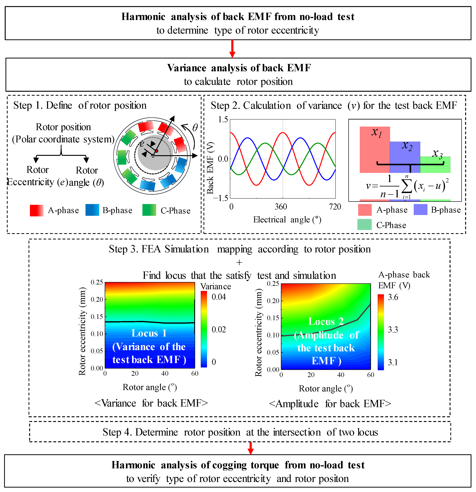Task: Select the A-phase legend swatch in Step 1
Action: click(37, 210)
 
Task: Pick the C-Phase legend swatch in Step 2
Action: click(365, 225)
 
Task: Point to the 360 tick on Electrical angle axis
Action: click(281, 207)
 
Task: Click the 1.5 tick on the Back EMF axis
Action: click(223, 119)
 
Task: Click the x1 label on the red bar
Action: click(377, 132)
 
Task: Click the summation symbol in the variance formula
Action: click(407, 186)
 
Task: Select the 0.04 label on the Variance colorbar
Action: click(219, 297)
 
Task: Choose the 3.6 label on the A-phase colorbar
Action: click(393, 297)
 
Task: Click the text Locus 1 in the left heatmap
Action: click(149, 333)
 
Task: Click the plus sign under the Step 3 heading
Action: click(239, 263)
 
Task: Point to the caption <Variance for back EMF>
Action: click(151, 403)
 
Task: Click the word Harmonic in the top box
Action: click(143, 17)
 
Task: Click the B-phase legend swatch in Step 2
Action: click(420, 210)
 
